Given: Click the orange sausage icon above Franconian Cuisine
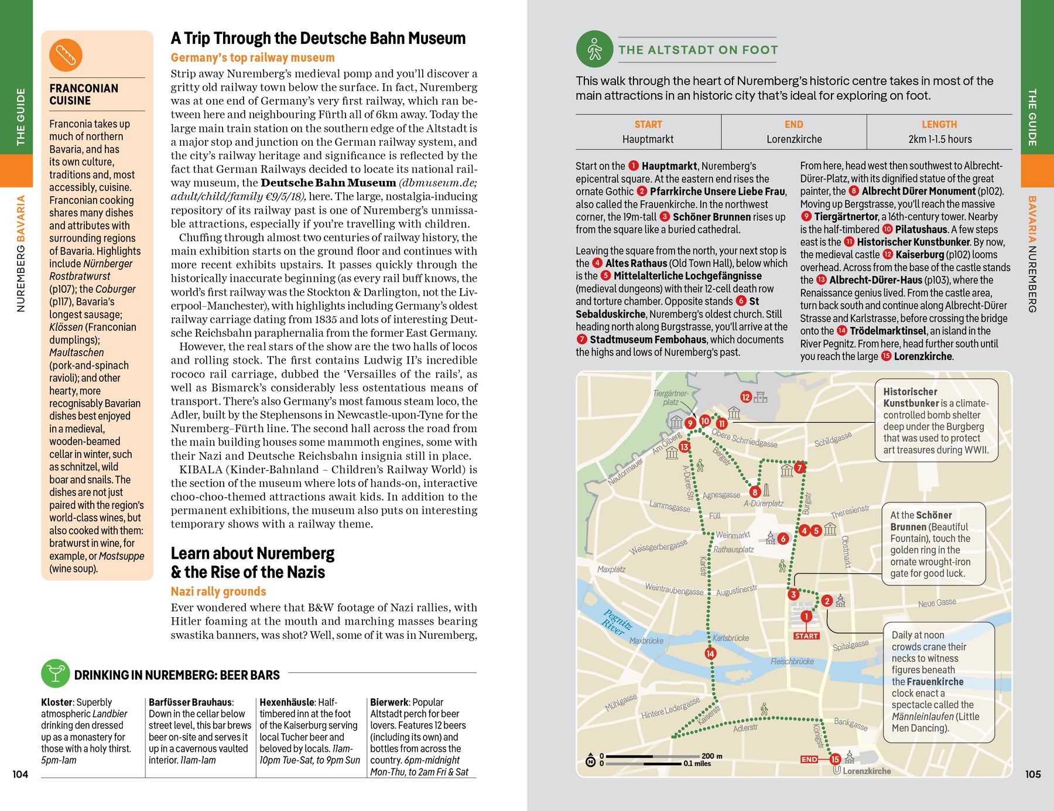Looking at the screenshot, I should pos(66,55).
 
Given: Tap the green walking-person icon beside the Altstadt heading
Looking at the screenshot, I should pos(594,49).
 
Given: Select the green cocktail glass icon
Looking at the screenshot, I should pos(56,673).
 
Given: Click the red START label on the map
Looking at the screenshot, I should pos(806,636).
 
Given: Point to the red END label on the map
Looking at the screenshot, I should pos(809,759).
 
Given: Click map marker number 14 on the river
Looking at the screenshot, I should pos(710,653).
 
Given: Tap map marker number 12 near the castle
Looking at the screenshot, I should pos(745,397).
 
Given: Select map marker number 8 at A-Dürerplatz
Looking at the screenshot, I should pos(755,492).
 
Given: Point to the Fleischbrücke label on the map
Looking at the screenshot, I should pos(792,662).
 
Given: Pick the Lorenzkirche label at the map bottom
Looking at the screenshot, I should pos(866,771).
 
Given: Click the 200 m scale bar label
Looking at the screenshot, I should pos(712,756).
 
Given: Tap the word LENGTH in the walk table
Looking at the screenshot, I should pos(939,125).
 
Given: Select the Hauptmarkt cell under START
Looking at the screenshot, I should pos(648,139).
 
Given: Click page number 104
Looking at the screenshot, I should pos(20,774).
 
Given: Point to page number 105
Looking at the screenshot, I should pos(1033,774).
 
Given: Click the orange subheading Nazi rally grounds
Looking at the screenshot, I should pos(218,591).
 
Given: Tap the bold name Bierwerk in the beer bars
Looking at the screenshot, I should pos(389,702).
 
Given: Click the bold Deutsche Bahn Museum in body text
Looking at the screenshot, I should pos(328,183).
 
